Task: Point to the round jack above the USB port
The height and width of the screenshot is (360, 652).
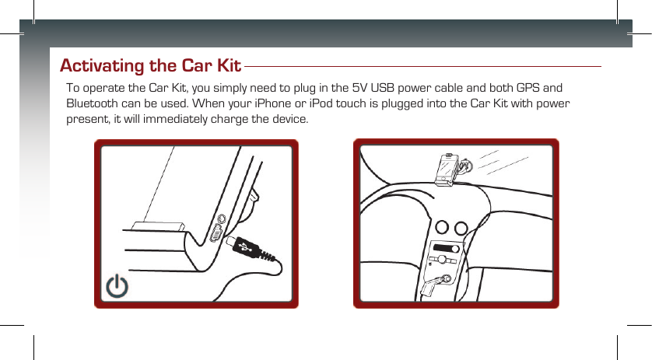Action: (223, 221)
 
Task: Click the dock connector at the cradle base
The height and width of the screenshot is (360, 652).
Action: (160, 226)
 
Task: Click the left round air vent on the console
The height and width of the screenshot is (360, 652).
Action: (443, 228)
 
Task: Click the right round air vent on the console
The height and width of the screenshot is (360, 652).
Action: (461, 228)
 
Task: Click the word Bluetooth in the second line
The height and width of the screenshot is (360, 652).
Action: (93, 103)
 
